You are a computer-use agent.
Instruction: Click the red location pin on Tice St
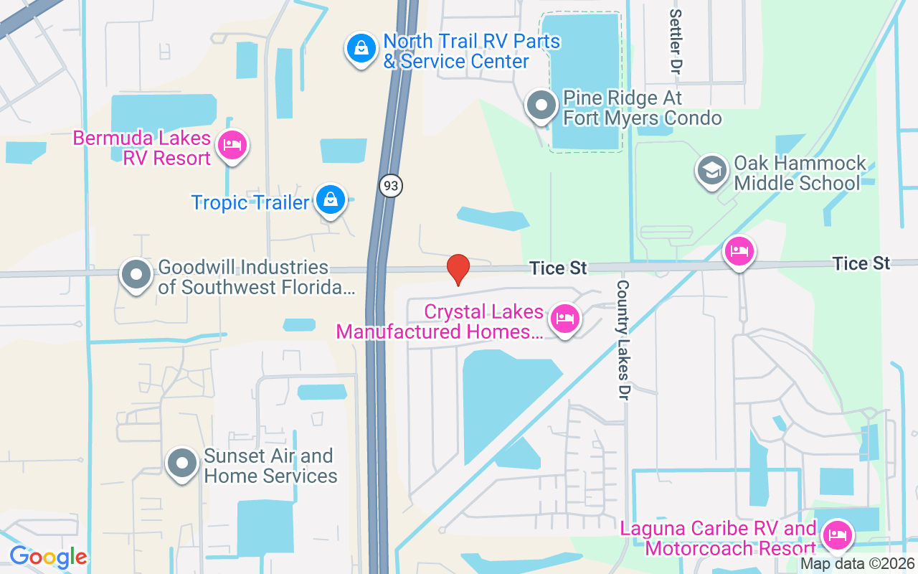click(458, 270)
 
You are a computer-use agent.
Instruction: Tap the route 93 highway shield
click(390, 187)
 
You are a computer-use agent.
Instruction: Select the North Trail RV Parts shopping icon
click(361, 48)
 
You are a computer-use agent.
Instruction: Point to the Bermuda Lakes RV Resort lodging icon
click(232, 145)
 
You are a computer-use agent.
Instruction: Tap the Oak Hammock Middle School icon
click(711, 171)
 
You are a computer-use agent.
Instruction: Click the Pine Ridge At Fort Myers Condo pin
click(541, 106)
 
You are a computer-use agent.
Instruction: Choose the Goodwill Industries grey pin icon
click(136, 274)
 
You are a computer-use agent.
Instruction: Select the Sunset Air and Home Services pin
click(182, 464)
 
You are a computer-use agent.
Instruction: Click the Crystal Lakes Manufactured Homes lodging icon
click(564, 319)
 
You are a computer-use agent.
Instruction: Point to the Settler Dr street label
click(675, 43)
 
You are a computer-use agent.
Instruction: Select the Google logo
click(48, 557)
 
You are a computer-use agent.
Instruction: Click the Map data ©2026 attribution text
click(856, 564)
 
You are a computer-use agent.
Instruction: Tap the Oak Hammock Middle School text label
click(800, 173)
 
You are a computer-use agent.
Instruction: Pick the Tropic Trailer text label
click(250, 202)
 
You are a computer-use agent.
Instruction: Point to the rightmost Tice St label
click(861, 263)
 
